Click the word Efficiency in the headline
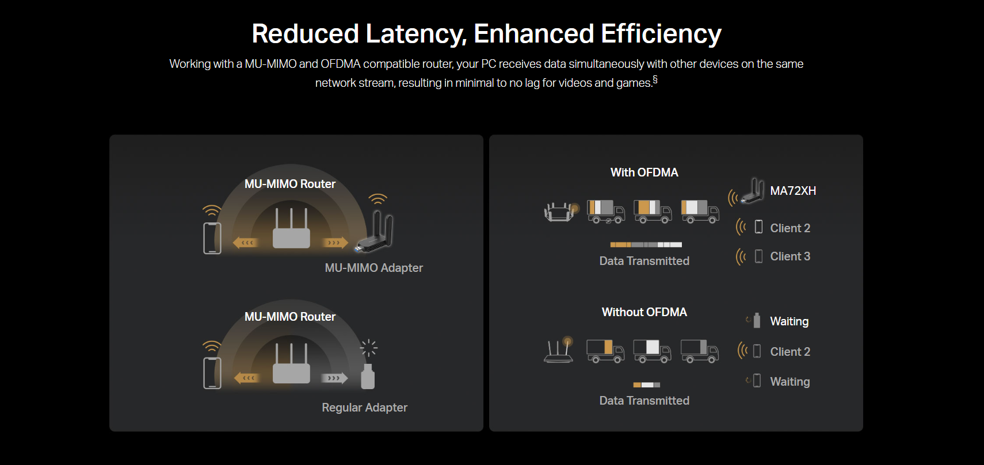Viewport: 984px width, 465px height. (x=661, y=34)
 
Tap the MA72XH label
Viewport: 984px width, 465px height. (x=793, y=191)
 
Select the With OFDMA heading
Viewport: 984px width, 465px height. (x=644, y=172)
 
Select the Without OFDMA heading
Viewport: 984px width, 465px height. (x=644, y=312)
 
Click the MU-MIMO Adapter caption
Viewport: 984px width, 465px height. (x=374, y=268)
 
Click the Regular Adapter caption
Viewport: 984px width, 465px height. (x=365, y=408)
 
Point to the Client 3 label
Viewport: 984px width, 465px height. (x=790, y=256)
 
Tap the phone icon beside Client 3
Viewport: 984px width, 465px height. (x=758, y=256)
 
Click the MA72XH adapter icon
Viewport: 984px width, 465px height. (x=753, y=191)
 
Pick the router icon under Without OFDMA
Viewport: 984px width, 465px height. (x=559, y=350)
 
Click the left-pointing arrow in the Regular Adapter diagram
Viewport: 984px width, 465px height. (x=246, y=378)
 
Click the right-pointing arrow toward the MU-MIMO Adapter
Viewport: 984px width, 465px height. (x=335, y=243)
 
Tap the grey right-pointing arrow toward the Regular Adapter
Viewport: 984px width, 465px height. (x=334, y=378)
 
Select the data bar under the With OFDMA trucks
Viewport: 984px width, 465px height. (x=646, y=245)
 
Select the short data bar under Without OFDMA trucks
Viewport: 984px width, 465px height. (x=647, y=385)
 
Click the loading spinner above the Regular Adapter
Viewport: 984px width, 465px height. (x=368, y=348)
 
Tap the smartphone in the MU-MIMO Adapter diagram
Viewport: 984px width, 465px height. (x=212, y=238)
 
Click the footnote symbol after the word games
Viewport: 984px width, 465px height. (x=655, y=79)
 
